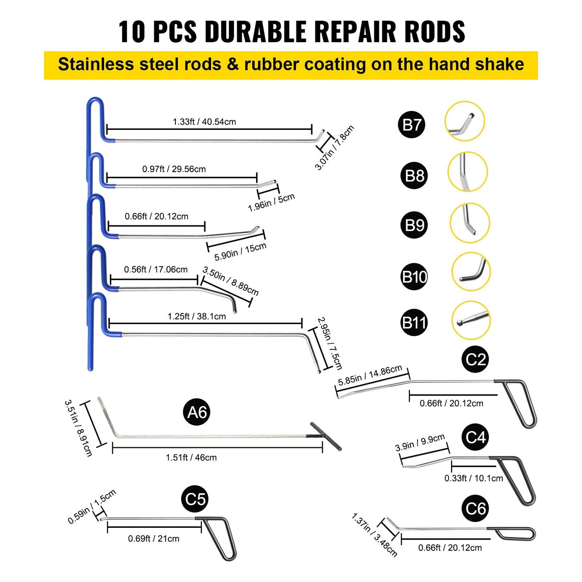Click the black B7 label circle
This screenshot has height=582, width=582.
tap(411, 125)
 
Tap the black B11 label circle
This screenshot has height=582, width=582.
tap(414, 322)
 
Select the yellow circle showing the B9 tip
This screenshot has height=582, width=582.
tap(469, 222)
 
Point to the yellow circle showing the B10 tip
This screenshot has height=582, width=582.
tap(471, 271)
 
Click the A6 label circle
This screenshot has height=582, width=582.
tap(197, 412)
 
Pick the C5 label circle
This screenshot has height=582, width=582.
tap(196, 499)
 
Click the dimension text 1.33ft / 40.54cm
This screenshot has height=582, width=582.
tap(204, 122)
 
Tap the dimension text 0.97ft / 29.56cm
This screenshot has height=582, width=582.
tap(174, 169)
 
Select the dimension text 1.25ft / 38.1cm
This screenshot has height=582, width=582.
tap(197, 316)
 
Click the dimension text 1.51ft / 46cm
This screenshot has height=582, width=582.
tap(191, 457)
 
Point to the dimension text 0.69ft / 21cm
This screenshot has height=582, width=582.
tap(153, 538)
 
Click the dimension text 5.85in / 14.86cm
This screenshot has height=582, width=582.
tap(370, 375)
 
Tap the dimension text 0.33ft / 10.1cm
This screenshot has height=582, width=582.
tap(474, 478)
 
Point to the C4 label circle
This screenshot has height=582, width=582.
tap(476, 437)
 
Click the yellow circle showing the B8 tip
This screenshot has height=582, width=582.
tap(467, 172)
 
